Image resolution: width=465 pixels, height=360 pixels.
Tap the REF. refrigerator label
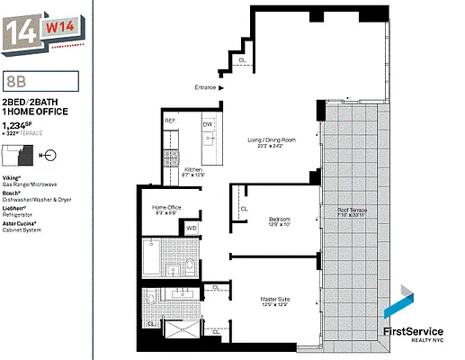click(169, 121)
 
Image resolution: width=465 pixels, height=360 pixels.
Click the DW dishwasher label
click(208, 124)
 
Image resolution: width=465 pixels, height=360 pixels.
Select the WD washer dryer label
click(192, 229)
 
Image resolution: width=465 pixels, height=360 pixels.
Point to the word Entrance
click(208, 87)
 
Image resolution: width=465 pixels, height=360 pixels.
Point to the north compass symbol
click(49, 155)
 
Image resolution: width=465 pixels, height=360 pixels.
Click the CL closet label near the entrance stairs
click(242, 60)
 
